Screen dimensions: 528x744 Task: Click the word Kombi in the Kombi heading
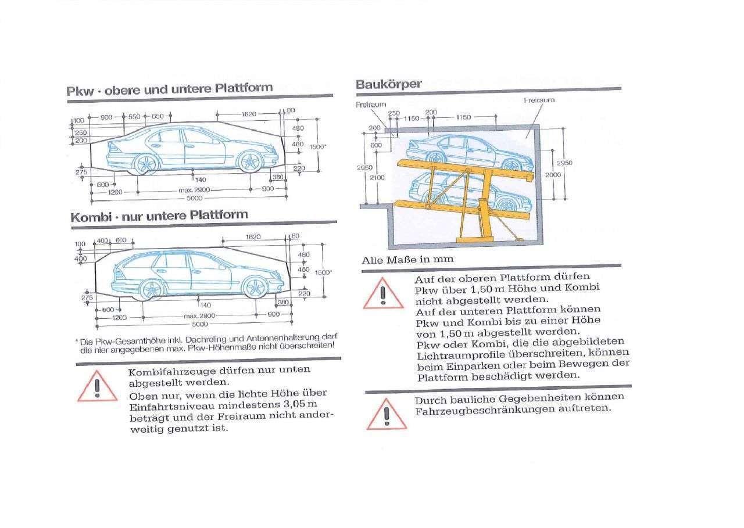[x=90, y=217]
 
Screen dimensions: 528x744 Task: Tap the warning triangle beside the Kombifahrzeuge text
[x=97, y=387]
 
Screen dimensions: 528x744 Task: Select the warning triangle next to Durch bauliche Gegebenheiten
[x=386, y=414]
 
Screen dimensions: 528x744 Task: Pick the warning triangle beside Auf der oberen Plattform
[x=383, y=293]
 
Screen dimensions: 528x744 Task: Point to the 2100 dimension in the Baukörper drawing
[x=377, y=178]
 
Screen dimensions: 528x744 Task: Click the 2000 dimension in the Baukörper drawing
[x=553, y=175]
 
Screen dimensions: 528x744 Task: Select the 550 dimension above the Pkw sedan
[x=134, y=117]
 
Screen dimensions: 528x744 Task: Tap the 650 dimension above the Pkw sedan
[x=158, y=117]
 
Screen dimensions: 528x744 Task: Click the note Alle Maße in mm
[x=407, y=260]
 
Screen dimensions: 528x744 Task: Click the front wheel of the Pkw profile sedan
[x=249, y=162]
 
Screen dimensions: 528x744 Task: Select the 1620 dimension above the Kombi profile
[x=253, y=237]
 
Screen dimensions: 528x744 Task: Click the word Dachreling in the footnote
[x=216, y=337]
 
